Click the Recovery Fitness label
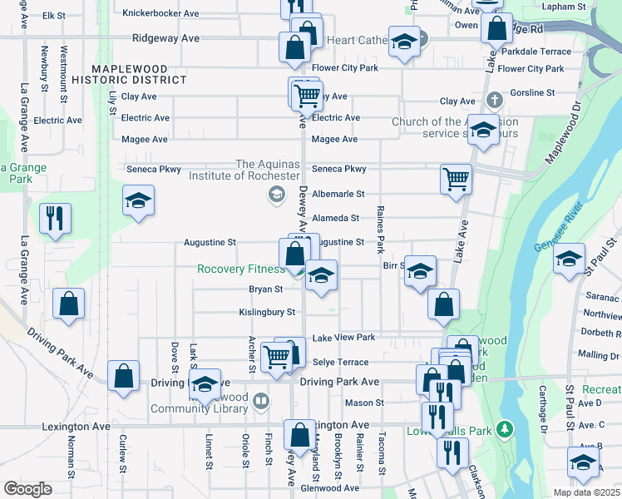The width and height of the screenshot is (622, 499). pyautogui.click(x=239, y=269)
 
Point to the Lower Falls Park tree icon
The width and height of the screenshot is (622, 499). pyautogui.click(x=503, y=429)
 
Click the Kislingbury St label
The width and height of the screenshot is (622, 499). pyautogui.click(x=268, y=312)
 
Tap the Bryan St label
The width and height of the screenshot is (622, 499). pyautogui.click(x=266, y=289)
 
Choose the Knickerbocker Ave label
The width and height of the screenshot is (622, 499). pyautogui.click(x=160, y=13)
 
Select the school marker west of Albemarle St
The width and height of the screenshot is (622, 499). pyautogui.click(x=138, y=200)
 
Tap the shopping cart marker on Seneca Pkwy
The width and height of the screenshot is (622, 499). pyautogui.click(x=456, y=177)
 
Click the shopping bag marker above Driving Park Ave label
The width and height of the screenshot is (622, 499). pyautogui.click(x=123, y=375)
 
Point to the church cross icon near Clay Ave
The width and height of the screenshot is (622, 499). pyautogui.click(x=495, y=101)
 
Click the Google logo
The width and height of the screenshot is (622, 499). pyautogui.click(x=27, y=489)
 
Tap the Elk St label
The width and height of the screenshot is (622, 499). pyautogui.click(x=54, y=15)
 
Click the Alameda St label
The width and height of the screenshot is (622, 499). pyautogui.click(x=335, y=218)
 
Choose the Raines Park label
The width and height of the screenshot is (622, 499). pyautogui.click(x=380, y=230)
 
